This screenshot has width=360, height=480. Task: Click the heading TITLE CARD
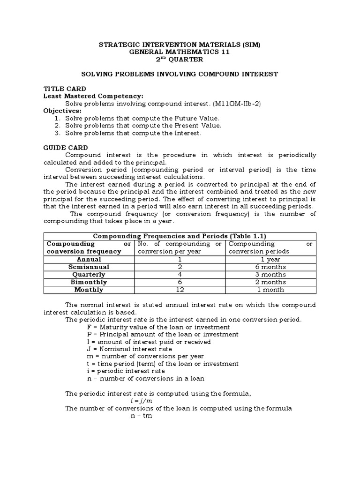point(65,89)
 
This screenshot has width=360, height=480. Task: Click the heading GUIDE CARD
point(66,148)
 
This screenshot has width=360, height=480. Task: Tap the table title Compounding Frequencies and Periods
point(180,236)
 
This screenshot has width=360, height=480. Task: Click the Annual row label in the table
point(89,259)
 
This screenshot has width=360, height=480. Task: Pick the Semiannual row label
point(89,267)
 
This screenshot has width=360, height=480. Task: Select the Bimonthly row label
point(89,282)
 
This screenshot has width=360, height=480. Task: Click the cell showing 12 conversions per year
point(180,290)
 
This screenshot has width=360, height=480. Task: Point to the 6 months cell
point(270,267)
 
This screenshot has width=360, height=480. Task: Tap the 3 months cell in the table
point(270,274)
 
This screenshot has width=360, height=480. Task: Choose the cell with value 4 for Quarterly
point(180,274)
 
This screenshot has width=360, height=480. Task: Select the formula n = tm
point(141,416)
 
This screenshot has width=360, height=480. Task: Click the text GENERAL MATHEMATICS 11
point(180,52)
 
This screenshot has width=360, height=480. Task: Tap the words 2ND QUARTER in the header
point(180,60)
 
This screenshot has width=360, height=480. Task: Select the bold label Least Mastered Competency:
point(93,96)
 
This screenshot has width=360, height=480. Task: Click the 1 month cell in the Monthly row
point(270,290)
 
